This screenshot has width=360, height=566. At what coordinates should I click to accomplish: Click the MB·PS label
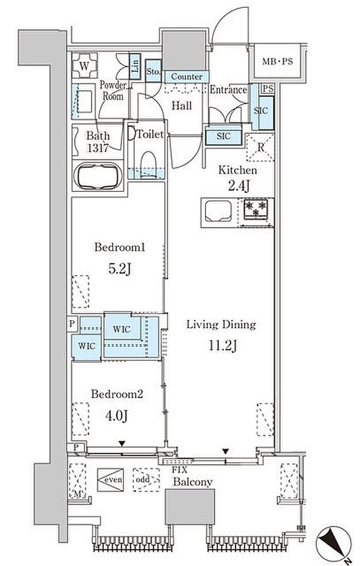tap(277, 61)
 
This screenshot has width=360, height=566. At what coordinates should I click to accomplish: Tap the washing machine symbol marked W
tap(84, 65)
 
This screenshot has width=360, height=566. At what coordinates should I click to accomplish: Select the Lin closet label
tap(135, 66)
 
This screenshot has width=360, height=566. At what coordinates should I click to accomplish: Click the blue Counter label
tap(187, 77)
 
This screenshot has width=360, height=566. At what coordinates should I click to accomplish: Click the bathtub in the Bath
tap(98, 176)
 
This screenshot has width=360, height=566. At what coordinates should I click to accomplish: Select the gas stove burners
tap(256, 208)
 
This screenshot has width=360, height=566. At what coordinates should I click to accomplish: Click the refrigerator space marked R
tap(260, 147)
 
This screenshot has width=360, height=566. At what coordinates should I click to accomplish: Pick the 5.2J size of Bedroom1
tap(119, 269)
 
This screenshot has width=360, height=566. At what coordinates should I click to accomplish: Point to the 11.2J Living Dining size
tap(223, 346)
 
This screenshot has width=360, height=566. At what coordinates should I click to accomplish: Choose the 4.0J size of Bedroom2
tap(116, 416)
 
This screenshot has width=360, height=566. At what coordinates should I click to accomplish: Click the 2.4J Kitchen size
tap(239, 186)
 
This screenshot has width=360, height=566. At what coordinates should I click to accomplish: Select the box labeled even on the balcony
tap(111, 480)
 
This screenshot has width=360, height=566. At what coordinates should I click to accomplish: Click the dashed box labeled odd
tap(146, 480)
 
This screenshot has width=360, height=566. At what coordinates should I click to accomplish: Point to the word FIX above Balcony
tap(179, 470)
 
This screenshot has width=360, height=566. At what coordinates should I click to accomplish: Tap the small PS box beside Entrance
tap(267, 89)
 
